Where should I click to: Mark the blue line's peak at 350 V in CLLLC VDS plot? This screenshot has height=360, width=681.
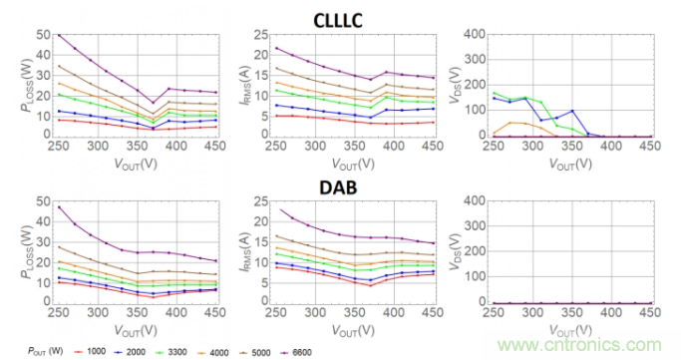(572, 111)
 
